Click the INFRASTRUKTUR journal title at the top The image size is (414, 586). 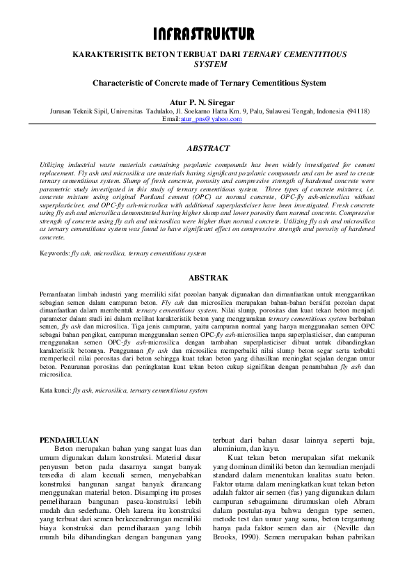pyautogui.click(x=207, y=34)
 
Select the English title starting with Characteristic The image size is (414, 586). pyautogui.click(x=207, y=82)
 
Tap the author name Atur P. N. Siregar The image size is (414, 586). pyautogui.click(x=207, y=101)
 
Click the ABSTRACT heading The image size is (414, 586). pyautogui.click(x=207, y=149)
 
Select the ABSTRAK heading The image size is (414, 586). pyautogui.click(x=207, y=276)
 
